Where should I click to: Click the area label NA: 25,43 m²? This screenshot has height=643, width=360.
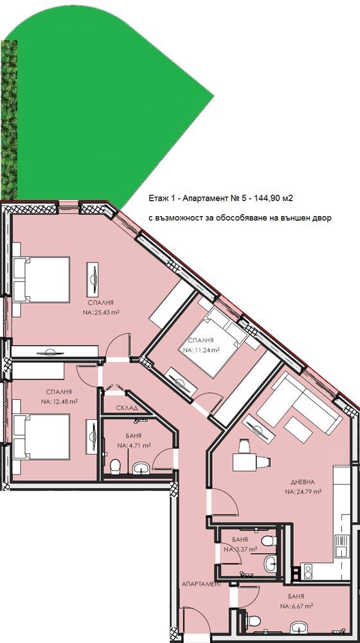coord(100,312)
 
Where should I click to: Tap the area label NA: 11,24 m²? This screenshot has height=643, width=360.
coord(201,350)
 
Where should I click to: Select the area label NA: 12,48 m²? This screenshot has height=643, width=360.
coord(59,401)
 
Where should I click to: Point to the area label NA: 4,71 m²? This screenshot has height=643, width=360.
coord(134,445)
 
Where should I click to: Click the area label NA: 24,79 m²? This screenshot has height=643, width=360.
coord(303,491)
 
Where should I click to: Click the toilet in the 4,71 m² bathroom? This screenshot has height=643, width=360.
coord(115,466)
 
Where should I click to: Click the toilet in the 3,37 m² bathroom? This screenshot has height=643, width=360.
coord(269,541)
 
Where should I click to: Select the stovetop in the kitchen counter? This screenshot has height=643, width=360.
coord(307,571)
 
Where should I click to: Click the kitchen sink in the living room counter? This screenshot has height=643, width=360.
coord(340,546)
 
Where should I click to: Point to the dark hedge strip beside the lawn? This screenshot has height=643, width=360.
coord(8,120)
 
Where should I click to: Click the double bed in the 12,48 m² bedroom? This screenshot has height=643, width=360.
coord(41,437)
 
